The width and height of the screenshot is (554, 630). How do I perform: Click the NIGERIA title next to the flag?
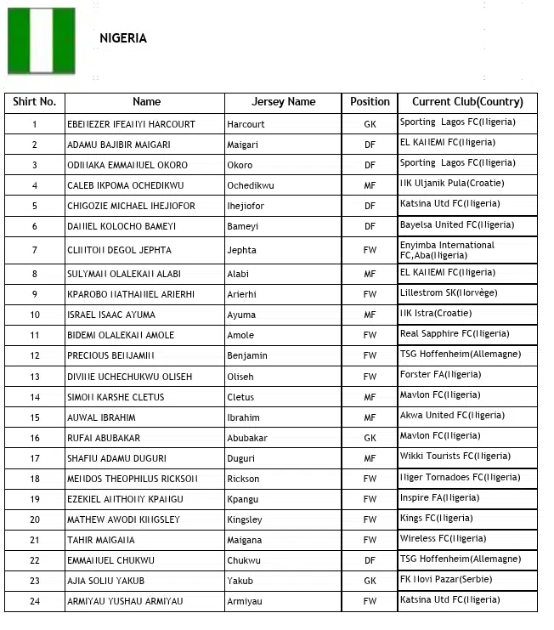pyautogui.click(x=123, y=38)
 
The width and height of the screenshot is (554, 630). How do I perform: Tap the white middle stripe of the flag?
pyautogui.click(x=42, y=41)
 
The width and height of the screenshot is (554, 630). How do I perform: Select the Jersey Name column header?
pyautogui.click(x=283, y=102)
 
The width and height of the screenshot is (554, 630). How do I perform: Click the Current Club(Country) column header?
pyautogui.click(x=467, y=102)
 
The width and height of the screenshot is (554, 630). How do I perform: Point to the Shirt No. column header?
pyautogui.click(x=35, y=102)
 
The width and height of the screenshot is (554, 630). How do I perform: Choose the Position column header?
pyautogui.click(x=370, y=102)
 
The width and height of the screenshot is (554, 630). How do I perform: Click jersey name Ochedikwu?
pyautogui.click(x=251, y=185)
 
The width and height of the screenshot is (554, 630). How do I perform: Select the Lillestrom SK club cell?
pyautogui.click(x=449, y=293)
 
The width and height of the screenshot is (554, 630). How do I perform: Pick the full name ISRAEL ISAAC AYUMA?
pyautogui.click(x=111, y=315)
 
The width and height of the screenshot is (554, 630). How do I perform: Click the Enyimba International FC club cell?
pyautogui.click(x=447, y=250)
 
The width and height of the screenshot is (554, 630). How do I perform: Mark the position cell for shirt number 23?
pyautogui.click(x=370, y=582)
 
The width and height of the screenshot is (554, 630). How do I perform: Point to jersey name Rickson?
pyautogui.click(x=244, y=479)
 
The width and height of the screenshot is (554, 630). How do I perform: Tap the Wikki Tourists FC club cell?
pyautogui.click(x=455, y=457)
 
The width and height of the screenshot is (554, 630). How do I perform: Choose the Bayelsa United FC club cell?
pyautogui.click(x=457, y=225)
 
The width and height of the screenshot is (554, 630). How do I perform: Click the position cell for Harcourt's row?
pyautogui.click(x=370, y=124)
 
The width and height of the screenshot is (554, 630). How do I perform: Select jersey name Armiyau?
pyautogui.click(x=245, y=602)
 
